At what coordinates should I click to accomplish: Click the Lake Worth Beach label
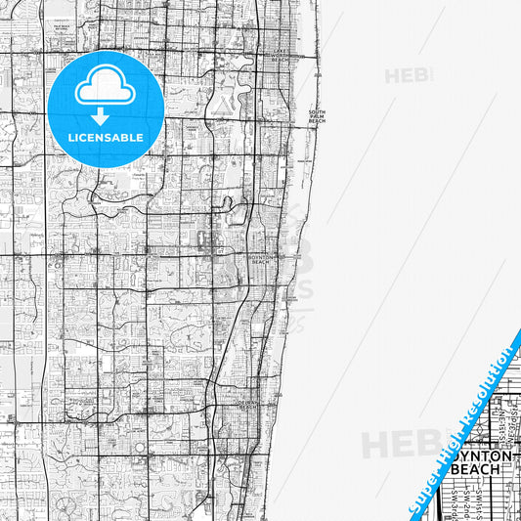[282, 54]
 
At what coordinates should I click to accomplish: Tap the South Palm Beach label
[317, 116]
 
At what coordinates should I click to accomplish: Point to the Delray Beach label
[247, 404]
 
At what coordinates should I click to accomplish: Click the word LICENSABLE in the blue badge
[106, 138]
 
